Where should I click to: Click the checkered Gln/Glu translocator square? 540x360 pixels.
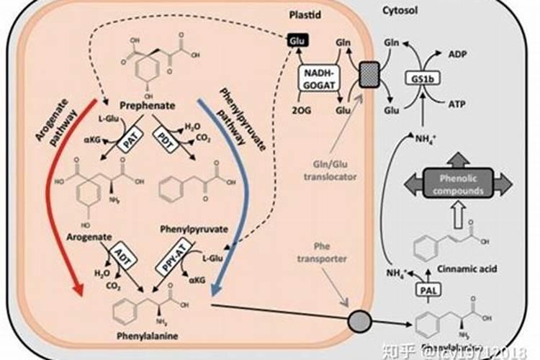click(x=368, y=72)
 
